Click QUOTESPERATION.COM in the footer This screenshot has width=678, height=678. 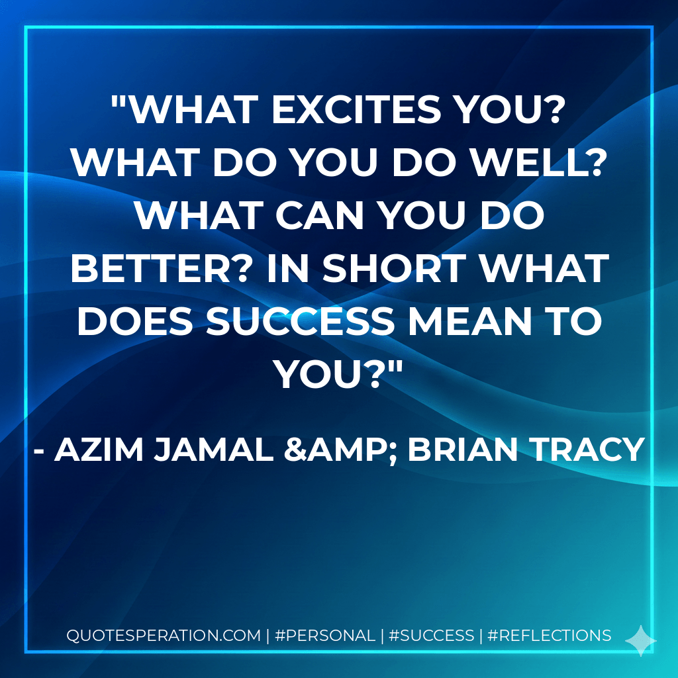point(164,636)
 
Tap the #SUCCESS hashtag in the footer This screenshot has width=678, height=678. point(432,636)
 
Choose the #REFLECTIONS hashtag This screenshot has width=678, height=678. point(549,636)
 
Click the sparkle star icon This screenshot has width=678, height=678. point(640,640)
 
